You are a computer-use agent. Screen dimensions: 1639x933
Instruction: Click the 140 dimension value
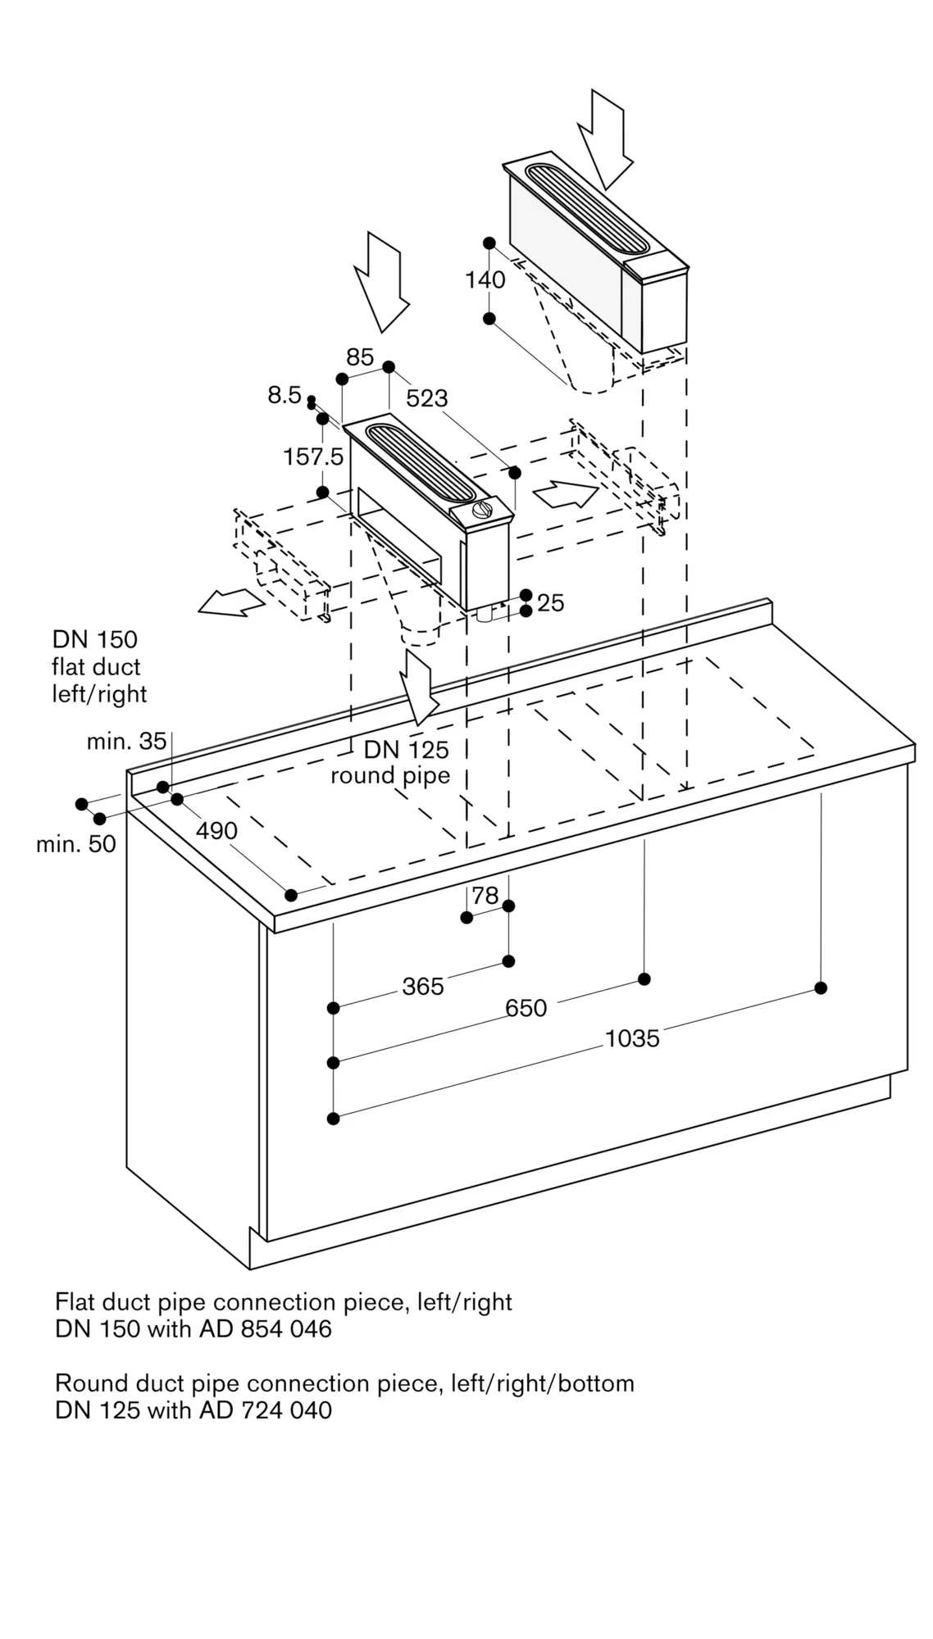click(x=485, y=280)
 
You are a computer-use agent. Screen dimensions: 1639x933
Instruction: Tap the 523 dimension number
click(x=427, y=398)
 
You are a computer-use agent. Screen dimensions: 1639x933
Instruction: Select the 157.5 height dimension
click(x=313, y=456)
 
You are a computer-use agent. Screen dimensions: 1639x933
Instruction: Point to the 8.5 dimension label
click(x=284, y=395)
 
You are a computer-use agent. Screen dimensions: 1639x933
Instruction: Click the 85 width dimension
click(x=360, y=357)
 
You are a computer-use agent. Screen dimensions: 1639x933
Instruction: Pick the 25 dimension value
click(x=551, y=603)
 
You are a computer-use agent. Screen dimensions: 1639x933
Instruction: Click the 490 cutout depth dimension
click(x=216, y=831)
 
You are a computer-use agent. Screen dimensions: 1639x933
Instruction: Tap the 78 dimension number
click(x=485, y=896)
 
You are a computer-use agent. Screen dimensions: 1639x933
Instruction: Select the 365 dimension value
click(x=423, y=987)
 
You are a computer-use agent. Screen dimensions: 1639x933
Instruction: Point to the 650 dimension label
click(x=526, y=1008)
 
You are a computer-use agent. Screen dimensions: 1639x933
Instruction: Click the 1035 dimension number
click(x=632, y=1039)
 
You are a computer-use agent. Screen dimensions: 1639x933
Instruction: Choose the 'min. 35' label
click(x=126, y=742)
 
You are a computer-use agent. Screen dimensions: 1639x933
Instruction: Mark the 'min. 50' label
click(x=76, y=844)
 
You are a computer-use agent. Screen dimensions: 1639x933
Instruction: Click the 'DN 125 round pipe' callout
click(x=391, y=762)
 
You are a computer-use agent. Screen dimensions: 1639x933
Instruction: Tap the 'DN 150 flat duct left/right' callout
click(x=99, y=667)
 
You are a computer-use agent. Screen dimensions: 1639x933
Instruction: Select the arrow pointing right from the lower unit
click(x=566, y=494)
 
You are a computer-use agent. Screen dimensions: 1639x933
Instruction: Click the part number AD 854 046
click(x=266, y=1328)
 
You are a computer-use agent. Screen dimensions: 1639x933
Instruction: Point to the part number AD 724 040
click(x=266, y=1410)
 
